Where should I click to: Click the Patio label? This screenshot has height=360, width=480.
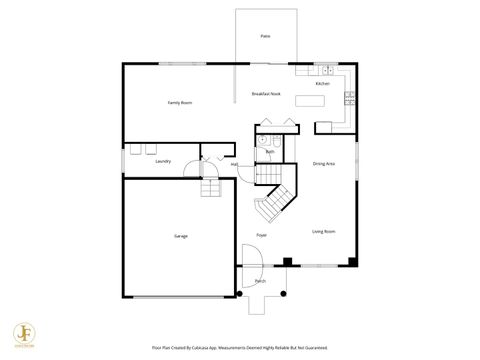(265, 36)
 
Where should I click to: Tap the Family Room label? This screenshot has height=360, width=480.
(179, 103)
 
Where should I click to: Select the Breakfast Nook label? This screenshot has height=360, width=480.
(266, 93)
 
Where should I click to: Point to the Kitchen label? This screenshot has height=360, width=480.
(322, 84)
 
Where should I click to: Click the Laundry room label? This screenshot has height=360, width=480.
(163, 161)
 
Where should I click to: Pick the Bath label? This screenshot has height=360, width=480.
(270, 152)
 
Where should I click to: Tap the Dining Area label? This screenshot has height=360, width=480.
(323, 163)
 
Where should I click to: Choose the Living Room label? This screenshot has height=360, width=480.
(323, 231)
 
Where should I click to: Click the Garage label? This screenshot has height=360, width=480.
(181, 236)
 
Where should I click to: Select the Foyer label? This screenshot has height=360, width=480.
(261, 235)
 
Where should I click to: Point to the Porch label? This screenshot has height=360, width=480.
(260, 282)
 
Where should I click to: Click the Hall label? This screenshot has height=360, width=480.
(234, 164)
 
